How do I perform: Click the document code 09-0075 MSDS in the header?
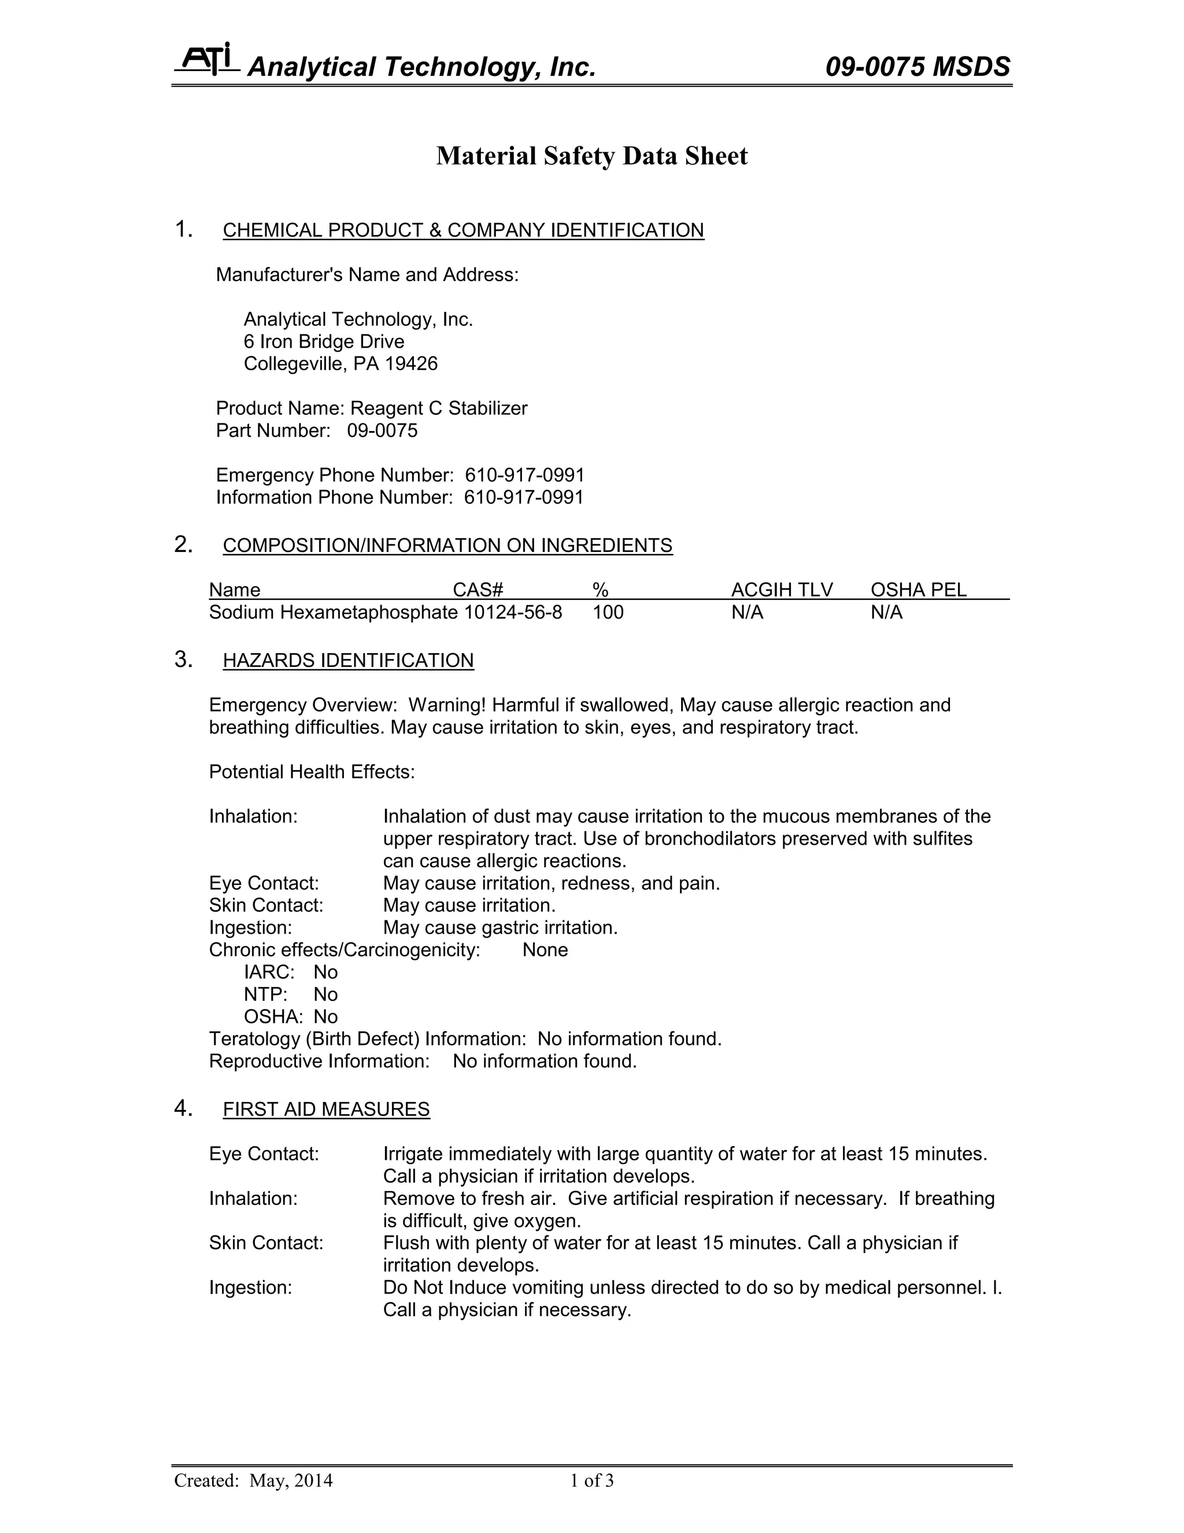click(x=917, y=67)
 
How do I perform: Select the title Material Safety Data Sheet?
click(x=592, y=156)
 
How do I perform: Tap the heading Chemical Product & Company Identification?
click(x=463, y=230)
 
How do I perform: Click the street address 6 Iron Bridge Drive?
click(x=324, y=342)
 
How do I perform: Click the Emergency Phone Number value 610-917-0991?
click(x=525, y=475)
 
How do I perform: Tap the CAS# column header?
click(x=478, y=589)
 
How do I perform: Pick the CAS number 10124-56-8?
click(x=513, y=612)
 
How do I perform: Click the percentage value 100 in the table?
click(x=608, y=612)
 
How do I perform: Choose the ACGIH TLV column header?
click(x=782, y=589)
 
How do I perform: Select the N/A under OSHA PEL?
click(x=887, y=612)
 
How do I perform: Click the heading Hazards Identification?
click(x=348, y=661)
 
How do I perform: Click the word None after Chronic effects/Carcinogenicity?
click(x=545, y=950)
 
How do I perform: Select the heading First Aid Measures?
click(x=326, y=1109)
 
